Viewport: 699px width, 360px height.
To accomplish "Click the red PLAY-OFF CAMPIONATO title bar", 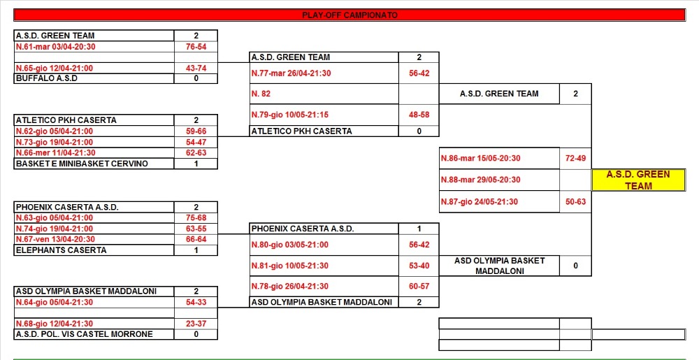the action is [349, 15].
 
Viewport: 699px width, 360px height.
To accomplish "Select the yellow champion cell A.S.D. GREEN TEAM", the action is [638, 180].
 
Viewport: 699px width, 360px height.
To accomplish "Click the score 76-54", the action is [196, 47].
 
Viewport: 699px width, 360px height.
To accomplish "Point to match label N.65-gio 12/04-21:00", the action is [55, 69].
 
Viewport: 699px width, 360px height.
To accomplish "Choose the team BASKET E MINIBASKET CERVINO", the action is [82, 164].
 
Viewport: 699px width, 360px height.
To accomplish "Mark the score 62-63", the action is [196, 153].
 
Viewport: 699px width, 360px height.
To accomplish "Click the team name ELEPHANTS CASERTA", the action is [61, 250].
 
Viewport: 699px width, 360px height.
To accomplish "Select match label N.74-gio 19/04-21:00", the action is [55, 229].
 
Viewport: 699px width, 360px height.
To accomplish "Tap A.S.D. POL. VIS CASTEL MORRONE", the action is [85, 334].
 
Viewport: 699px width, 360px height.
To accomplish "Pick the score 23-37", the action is [196, 324].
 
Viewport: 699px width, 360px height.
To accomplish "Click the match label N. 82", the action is [261, 94].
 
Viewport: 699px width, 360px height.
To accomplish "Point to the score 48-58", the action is [419, 115].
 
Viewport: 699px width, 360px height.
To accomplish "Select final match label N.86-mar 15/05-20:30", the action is [481, 158].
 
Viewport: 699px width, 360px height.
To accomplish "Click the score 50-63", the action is [575, 202].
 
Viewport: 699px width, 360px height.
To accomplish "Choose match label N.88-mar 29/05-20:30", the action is [481, 180].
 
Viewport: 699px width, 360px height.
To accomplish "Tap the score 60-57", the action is [419, 286].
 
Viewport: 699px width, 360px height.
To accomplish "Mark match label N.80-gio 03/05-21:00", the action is [290, 245].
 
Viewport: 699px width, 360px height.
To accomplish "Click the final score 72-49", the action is [575, 158].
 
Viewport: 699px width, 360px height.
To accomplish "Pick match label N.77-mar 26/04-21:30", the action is [291, 73].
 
